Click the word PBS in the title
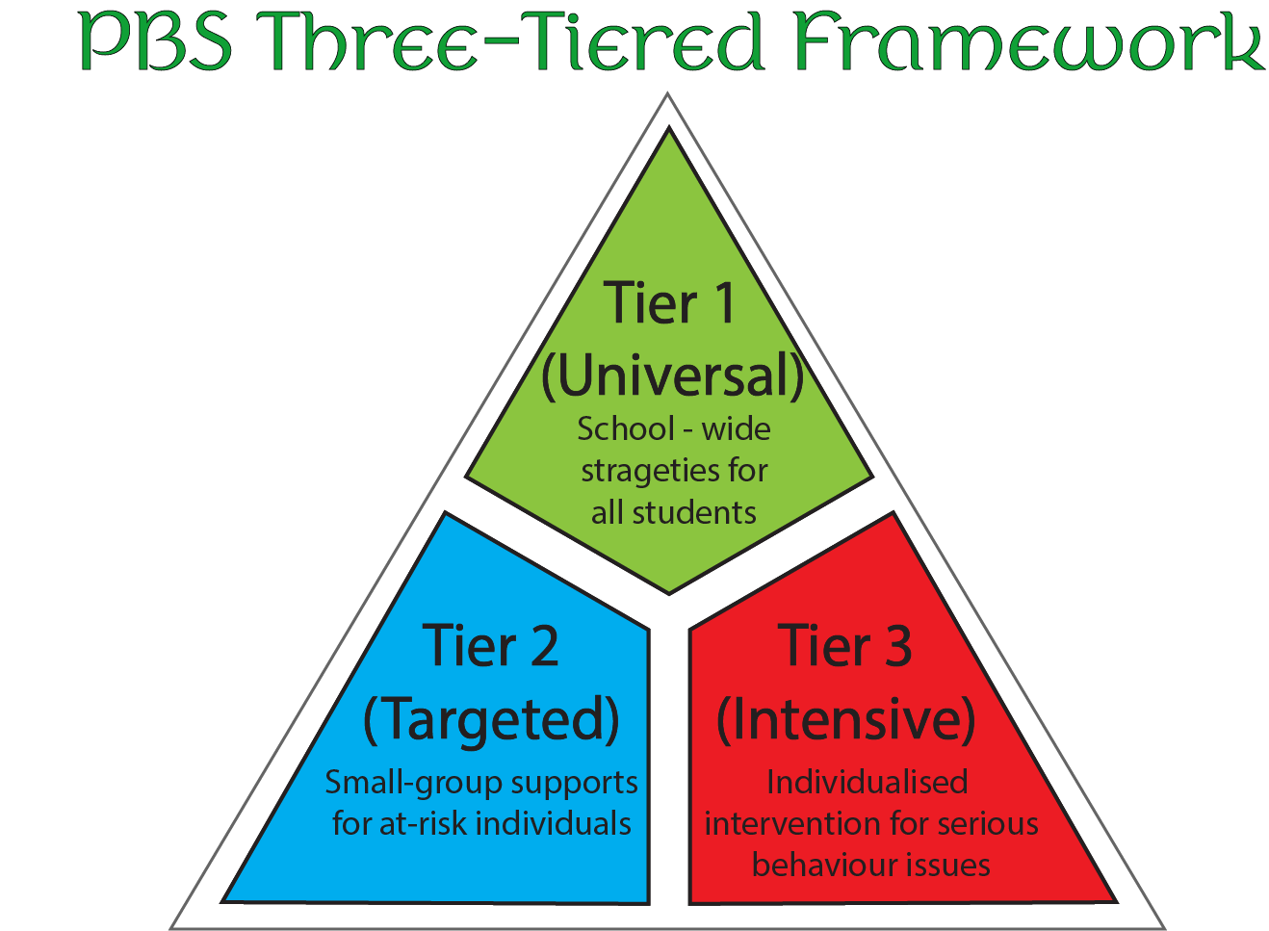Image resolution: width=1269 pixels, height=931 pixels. pos(155,41)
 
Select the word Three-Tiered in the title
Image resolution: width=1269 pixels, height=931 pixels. pos(510,41)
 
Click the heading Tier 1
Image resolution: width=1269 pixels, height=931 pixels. pos(670,303)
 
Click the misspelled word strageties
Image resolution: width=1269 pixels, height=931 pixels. pos(641,471)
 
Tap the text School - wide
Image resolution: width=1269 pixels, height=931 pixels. pos(673,428)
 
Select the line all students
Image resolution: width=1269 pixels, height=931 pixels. pos(673,512)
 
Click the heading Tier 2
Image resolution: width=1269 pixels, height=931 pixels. pos(490,645)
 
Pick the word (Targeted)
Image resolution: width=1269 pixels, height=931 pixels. pos(491,719)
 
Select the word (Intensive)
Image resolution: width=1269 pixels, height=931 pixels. pos(845,719)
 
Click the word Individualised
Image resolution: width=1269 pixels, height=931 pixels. pos(867,782)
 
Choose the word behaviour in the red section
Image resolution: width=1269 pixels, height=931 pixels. pos(819,865)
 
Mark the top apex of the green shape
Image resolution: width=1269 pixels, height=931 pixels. pos(669,132)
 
